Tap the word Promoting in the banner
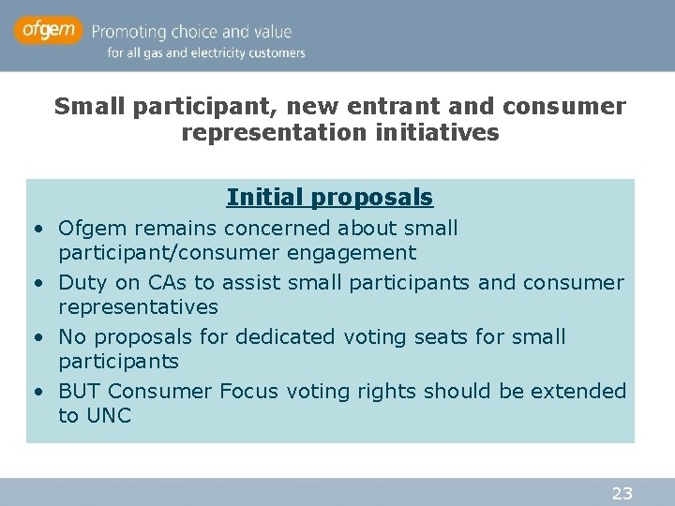132,31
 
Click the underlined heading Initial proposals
329,198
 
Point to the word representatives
138,306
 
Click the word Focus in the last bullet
248,391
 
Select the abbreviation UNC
109,415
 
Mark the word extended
577,391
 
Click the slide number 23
622,493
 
